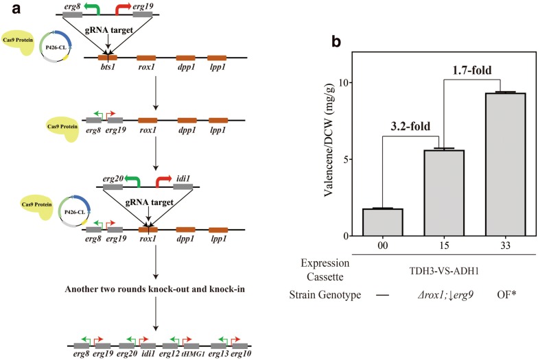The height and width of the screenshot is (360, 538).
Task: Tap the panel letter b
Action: coord(337,42)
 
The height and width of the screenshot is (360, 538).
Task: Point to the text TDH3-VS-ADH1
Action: coord(439,272)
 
